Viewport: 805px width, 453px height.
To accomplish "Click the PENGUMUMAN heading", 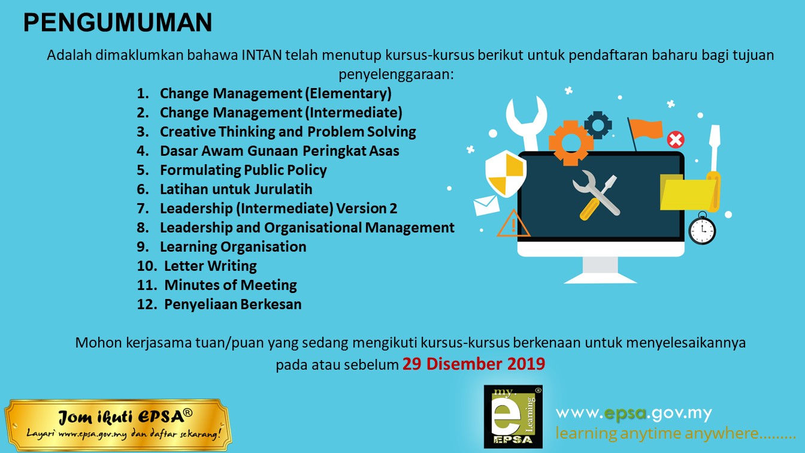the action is click(x=117, y=22).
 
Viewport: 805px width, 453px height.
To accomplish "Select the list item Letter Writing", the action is click(x=210, y=266).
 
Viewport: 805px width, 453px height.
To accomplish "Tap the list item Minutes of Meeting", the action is click(x=231, y=285).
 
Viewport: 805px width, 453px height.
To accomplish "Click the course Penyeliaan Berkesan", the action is click(x=232, y=304).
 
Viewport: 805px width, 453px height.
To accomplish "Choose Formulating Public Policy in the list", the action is click(x=243, y=170).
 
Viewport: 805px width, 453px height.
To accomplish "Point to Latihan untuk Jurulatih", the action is click(x=236, y=189).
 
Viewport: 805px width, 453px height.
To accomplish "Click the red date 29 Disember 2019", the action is click(x=474, y=364).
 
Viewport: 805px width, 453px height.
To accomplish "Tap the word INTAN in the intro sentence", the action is click(x=262, y=55).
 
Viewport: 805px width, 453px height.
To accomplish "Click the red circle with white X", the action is click(x=676, y=140).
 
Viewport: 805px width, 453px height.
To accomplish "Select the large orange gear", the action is click(x=571, y=143).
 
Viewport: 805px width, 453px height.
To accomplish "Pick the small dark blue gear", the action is click(x=598, y=125).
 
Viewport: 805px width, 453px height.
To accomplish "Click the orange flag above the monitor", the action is click(x=646, y=130).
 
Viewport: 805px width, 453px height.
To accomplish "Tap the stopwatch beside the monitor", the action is click(x=702, y=229).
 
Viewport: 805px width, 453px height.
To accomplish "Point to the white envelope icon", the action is click(x=486, y=206).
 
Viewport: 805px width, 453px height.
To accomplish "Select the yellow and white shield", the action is click(x=506, y=173).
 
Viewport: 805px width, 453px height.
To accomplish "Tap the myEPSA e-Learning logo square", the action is click(x=513, y=416).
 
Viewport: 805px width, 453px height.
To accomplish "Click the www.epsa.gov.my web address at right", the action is click(x=634, y=413).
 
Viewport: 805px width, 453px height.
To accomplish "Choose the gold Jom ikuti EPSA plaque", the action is click(x=118, y=425).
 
